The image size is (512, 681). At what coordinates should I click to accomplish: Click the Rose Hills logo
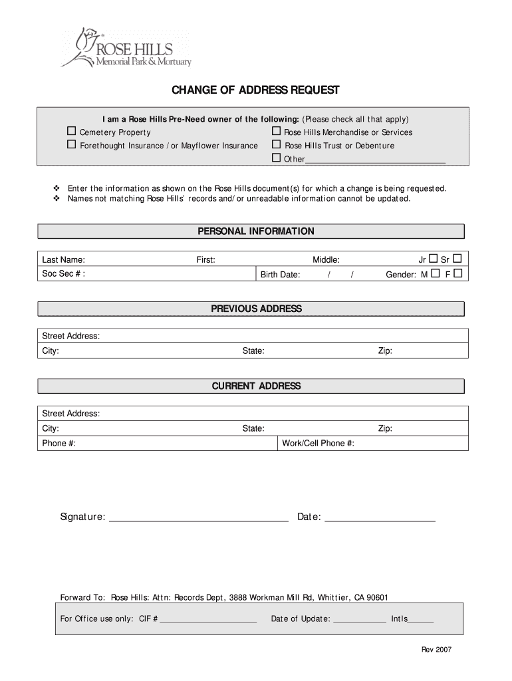[x=126, y=48]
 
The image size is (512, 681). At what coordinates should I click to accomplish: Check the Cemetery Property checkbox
[x=71, y=132]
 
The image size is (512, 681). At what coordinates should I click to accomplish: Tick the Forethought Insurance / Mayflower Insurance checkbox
[x=71, y=145]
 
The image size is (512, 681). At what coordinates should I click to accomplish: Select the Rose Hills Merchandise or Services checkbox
[x=276, y=132]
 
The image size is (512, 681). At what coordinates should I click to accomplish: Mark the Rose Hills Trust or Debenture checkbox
[x=276, y=145]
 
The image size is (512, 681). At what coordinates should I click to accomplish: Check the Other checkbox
[x=276, y=158]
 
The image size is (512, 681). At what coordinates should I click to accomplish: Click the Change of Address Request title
[x=256, y=90]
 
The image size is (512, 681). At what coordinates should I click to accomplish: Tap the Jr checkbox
[x=433, y=258]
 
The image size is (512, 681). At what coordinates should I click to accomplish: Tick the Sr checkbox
[x=457, y=258]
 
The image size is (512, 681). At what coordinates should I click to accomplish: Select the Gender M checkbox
[x=435, y=273]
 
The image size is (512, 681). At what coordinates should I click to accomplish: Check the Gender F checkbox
[x=457, y=273]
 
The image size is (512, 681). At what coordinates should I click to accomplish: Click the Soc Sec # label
[x=63, y=274]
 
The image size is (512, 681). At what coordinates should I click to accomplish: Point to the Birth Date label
[x=280, y=275]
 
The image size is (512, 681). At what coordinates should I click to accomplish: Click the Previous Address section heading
[x=256, y=309]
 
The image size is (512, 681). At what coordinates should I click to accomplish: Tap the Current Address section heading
[x=256, y=386]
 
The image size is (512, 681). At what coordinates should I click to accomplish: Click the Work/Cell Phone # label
[x=318, y=444]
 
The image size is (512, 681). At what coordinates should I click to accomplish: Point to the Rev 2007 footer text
[x=436, y=650]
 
